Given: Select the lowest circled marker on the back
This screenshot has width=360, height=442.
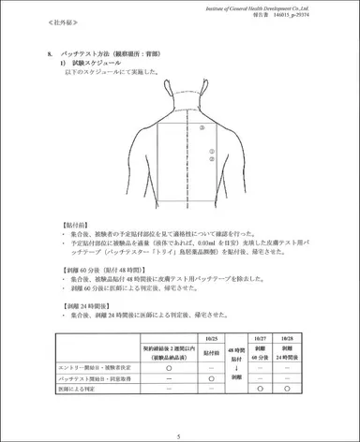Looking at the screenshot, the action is [x=213, y=162].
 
